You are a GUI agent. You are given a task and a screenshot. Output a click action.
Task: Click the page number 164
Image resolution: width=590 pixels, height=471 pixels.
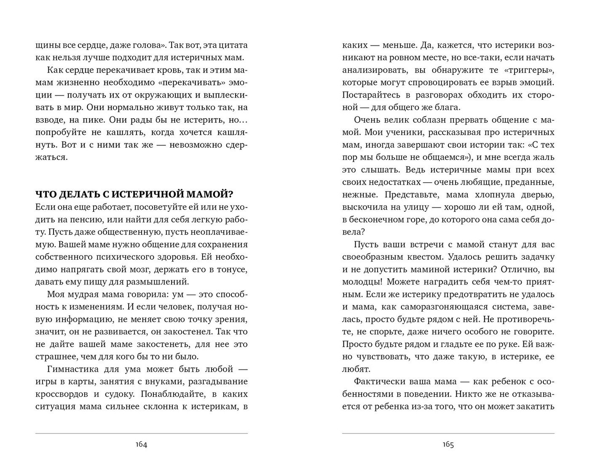(141, 445)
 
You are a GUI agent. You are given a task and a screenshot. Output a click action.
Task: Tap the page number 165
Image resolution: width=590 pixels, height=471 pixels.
(448, 445)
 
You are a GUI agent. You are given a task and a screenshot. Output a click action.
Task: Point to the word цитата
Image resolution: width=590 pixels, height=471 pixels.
(233, 45)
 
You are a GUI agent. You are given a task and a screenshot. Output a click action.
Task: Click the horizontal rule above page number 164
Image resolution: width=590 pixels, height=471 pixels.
(141, 433)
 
